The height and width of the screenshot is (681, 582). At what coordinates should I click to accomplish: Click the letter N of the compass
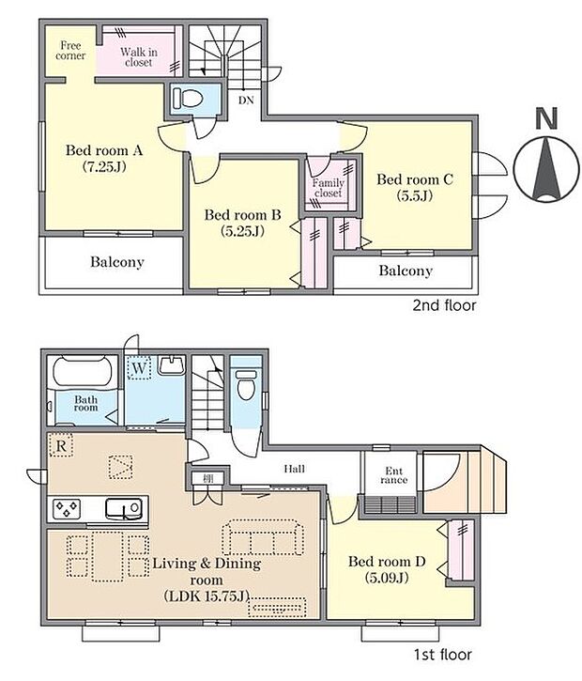tap(546, 118)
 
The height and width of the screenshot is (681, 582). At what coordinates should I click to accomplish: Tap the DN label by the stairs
tap(246, 101)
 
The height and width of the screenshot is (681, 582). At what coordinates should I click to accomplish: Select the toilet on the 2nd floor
tap(188, 98)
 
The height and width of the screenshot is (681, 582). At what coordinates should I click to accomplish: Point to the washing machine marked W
tap(139, 368)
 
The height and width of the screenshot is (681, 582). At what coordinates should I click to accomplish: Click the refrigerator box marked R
tap(61, 445)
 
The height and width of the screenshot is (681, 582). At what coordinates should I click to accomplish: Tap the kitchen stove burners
tap(67, 508)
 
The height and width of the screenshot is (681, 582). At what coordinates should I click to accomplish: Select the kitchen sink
tap(124, 508)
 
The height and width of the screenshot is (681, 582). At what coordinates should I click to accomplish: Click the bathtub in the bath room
tap(83, 372)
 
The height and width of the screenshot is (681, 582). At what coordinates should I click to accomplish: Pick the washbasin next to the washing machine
tap(173, 365)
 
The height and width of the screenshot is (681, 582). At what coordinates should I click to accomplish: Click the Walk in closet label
tap(139, 57)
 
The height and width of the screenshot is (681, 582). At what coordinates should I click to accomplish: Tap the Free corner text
tap(70, 51)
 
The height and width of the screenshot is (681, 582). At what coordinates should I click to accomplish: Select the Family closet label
tap(329, 188)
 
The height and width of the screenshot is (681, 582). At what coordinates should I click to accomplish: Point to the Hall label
tap(294, 469)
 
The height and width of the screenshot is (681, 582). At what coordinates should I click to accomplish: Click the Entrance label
tap(393, 475)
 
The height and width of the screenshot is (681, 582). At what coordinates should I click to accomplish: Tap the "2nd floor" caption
tap(444, 305)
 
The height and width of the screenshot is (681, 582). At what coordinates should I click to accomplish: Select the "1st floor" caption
tap(442, 654)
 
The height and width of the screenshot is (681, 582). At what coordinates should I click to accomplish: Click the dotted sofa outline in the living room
tap(263, 537)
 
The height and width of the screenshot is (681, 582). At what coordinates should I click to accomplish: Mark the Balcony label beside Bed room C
tap(406, 271)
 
